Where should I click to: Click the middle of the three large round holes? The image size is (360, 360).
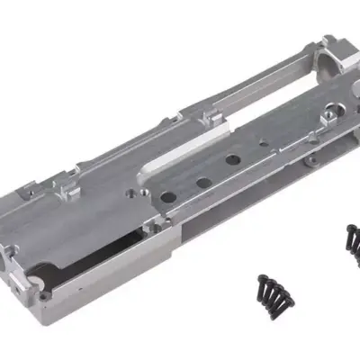click(203, 181)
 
